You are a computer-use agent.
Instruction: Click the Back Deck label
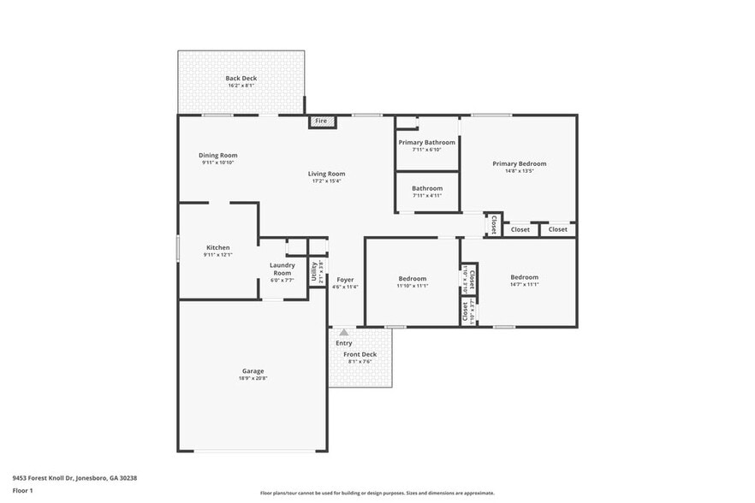(x=241, y=79)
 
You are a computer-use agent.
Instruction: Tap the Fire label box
(x=321, y=121)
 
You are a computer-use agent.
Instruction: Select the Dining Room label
(x=218, y=156)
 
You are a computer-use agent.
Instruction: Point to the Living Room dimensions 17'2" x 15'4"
(x=326, y=181)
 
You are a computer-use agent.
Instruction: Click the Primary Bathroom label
(x=426, y=143)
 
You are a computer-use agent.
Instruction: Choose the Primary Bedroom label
(x=519, y=163)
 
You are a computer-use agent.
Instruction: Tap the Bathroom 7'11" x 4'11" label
(x=426, y=188)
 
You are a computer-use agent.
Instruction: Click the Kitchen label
(x=217, y=247)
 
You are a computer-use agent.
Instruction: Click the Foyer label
(x=345, y=280)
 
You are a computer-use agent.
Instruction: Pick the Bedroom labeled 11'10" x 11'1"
(x=412, y=278)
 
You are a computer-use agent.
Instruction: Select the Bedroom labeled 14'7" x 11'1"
(x=524, y=277)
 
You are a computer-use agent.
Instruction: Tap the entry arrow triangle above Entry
(x=343, y=332)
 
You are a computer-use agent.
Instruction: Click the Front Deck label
(x=360, y=354)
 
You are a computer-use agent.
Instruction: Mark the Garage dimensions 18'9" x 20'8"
(x=253, y=378)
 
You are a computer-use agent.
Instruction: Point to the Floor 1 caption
(x=22, y=491)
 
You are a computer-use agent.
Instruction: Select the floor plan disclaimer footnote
(x=377, y=493)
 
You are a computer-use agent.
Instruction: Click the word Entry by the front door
(x=343, y=343)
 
